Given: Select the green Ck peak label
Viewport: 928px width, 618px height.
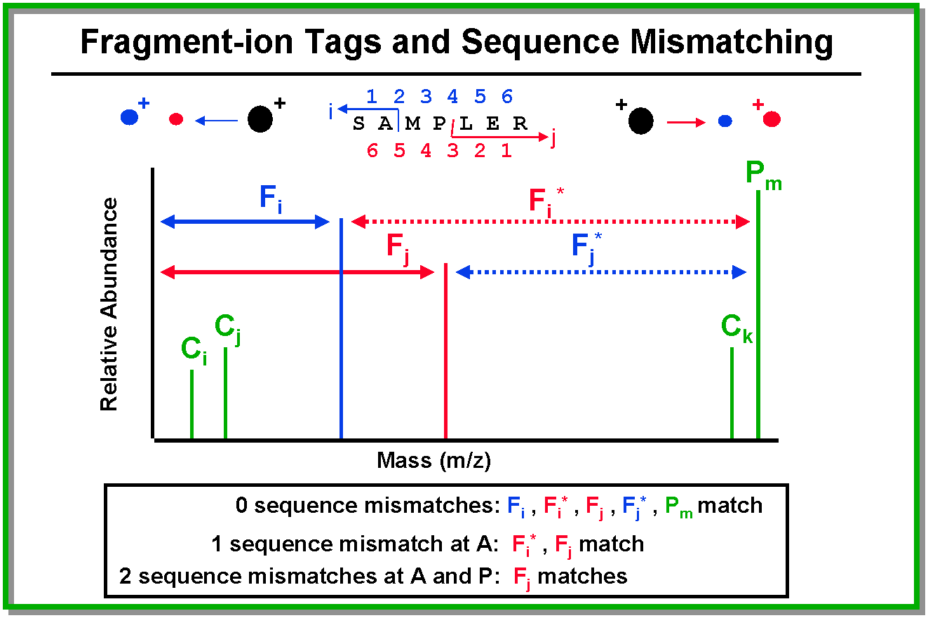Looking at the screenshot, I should (x=737, y=328).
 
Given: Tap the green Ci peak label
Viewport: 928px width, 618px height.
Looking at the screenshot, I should (x=194, y=350).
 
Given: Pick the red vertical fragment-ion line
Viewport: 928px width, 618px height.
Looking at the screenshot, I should (x=446, y=351).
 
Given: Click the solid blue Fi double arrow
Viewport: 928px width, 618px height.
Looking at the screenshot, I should (x=246, y=222).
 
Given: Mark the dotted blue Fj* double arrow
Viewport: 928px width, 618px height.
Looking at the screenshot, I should (x=600, y=272).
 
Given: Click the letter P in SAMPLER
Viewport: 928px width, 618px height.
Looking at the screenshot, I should (x=439, y=125).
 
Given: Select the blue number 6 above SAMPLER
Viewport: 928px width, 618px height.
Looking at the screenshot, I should (x=507, y=97).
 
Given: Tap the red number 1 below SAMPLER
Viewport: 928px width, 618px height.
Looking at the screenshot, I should (x=506, y=151).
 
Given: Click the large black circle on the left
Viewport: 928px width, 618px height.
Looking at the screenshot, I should (x=260, y=120).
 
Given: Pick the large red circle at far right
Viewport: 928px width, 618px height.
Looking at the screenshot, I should (x=772, y=119).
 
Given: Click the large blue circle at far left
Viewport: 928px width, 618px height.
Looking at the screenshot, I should (x=129, y=117).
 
